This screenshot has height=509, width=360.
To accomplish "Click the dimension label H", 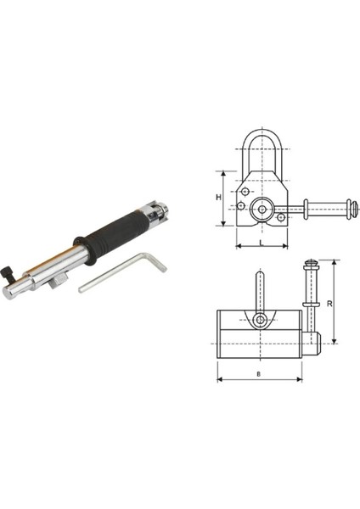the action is coord(218,197).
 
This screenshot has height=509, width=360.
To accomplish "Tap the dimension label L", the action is coord(262,242).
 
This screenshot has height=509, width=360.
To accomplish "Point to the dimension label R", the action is coord(329,304).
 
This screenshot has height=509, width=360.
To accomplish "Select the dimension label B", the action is coord(259,374).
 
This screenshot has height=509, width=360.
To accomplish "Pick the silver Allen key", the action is coord(123,271).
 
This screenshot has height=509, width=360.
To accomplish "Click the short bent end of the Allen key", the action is coord(156,261).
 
